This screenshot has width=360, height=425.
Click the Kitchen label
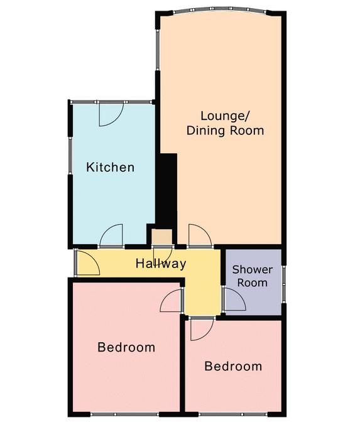coord(110,167)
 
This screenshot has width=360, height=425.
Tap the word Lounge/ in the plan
coord(225,116)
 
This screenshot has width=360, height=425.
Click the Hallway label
coord(161,264)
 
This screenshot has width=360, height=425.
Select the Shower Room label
coord(253,276)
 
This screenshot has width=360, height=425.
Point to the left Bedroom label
coord(126,347)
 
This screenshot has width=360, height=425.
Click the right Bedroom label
coord(233,366)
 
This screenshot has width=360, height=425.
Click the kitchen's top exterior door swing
coord(111,114)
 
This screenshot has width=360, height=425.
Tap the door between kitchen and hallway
coord(111,235)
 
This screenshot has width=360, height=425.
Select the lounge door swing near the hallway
coord(200,235)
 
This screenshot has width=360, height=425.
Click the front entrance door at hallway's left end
coord(89,263)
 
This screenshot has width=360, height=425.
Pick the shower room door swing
coord(235,299)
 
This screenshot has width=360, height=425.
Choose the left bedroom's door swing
coord(171,300)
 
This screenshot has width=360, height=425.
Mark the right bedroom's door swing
coord(202,330)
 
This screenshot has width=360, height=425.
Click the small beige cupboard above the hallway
coord(161,237)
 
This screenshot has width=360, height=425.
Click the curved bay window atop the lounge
coord(220,9)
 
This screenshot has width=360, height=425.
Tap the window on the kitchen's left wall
coord(70,156)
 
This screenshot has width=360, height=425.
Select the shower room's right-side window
coord(284,284)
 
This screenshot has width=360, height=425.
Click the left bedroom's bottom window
coord(124,414)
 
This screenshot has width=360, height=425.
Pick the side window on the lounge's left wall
coord(157,50)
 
